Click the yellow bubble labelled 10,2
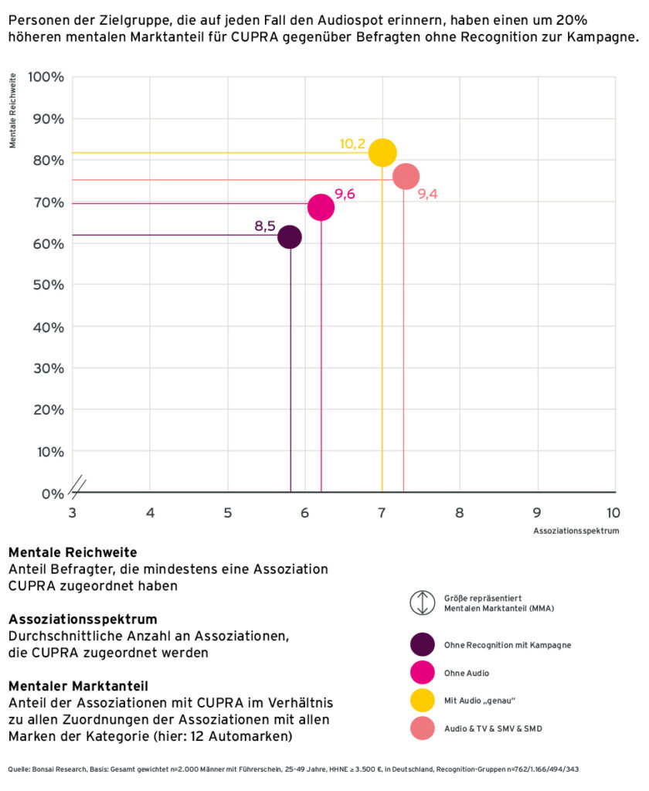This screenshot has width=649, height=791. click(x=382, y=152)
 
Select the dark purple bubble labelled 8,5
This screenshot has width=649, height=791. click(x=290, y=236)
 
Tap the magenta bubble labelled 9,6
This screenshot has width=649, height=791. click(x=321, y=207)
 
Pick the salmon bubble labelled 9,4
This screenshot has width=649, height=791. click(x=406, y=177)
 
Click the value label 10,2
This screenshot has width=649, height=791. click(x=352, y=144)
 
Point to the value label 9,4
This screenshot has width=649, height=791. click(x=427, y=194)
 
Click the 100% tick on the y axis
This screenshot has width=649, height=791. click(x=46, y=77)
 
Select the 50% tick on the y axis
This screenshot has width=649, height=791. click(x=48, y=285)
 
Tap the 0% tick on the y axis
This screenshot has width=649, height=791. click(x=51, y=493)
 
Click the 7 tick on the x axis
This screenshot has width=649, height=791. click(x=382, y=512)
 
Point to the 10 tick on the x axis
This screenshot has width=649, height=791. click(x=613, y=512)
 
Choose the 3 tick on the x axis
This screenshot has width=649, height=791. click(x=73, y=512)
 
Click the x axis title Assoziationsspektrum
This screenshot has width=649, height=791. click(x=576, y=531)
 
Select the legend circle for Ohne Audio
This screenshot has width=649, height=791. click(x=423, y=673)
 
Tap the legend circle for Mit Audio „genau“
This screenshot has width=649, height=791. click(x=423, y=701)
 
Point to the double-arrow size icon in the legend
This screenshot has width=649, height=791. click(x=423, y=603)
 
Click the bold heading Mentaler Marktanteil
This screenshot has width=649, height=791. click(x=78, y=685)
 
